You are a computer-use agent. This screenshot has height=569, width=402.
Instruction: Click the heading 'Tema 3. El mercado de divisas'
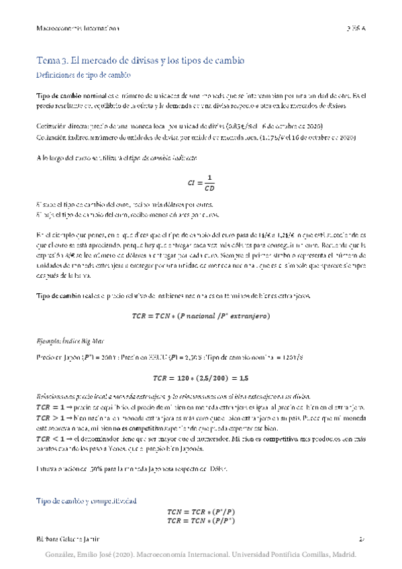(x=141, y=60)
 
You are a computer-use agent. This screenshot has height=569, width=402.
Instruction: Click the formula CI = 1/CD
(x=201, y=182)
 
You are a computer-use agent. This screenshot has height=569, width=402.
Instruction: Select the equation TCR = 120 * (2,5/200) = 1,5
(x=201, y=377)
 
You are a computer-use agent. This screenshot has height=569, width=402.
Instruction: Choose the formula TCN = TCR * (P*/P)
(x=201, y=512)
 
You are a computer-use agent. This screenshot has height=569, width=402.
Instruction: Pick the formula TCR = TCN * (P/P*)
(x=201, y=521)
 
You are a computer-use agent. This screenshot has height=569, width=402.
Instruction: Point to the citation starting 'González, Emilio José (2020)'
(x=201, y=555)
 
